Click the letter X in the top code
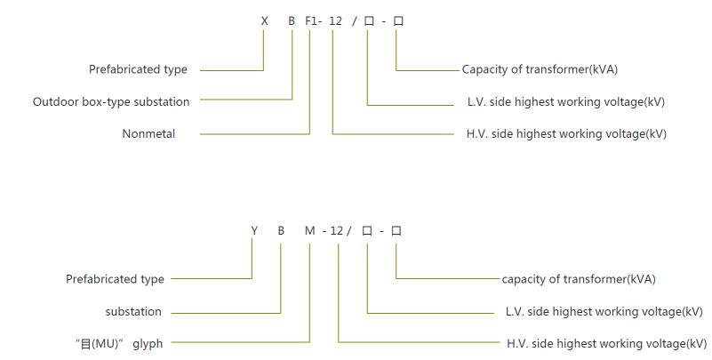[x=264, y=21]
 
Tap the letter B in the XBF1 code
[x=292, y=21]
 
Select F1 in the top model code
[x=312, y=21]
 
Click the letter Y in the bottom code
[x=253, y=231]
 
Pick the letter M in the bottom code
[x=309, y=231]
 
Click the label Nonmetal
[x=148, y=134]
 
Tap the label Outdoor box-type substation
[x=111, y=102]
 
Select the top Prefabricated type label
[x=138, y=69]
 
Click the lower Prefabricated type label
[x=115, y=279]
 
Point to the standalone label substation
[x=133, y=312]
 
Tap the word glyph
[x=148, y=343]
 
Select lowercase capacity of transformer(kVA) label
[x=578, y=279]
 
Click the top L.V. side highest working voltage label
[x=565, y=102]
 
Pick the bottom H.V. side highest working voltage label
[x=606, y=343]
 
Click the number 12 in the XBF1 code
[x=335, y=21]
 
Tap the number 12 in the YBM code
[x=337, y=231]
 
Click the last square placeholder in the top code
[x=398, y=21]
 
